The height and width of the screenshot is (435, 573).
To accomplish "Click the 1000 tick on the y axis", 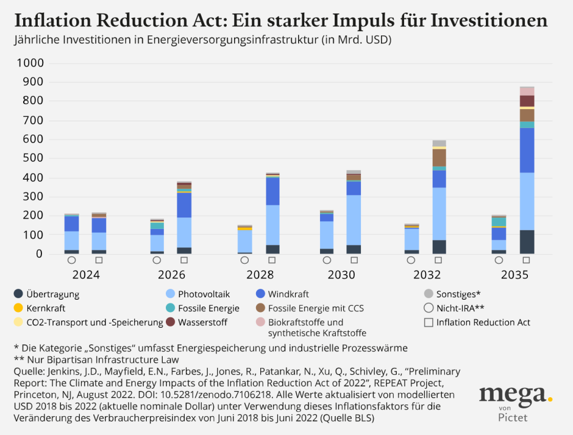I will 30,63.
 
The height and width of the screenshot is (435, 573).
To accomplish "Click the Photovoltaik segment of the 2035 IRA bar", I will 527,201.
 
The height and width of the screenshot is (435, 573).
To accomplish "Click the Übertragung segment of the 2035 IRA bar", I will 527,242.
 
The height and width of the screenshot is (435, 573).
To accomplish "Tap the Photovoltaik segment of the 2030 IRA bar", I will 354,219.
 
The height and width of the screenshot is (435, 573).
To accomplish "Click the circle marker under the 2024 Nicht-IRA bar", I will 72,260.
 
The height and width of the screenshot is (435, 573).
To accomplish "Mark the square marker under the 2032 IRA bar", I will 439,260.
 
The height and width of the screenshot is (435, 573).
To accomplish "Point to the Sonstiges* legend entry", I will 458,294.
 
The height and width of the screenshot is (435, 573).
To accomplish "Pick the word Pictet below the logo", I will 513,419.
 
